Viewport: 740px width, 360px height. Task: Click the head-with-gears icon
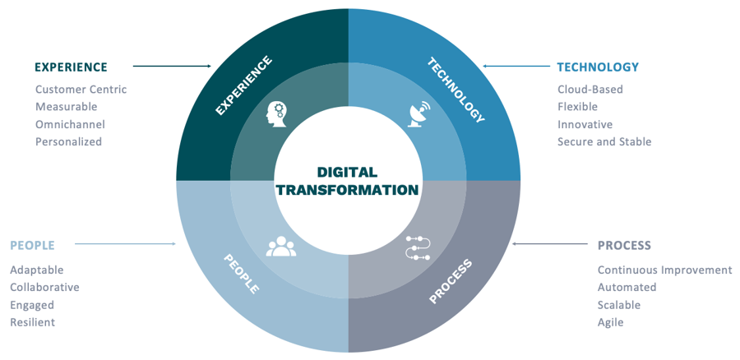pyautogui.click(x=276, y=113)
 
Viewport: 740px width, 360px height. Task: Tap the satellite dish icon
pyautogui.click(x=419, y=113)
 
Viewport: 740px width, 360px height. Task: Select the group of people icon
pyautogui.click(x=281, y=247)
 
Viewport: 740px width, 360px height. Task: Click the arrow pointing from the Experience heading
pyautogui.click(x=173, y=67)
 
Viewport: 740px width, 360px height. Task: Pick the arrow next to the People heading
pyautogui.click(x=126, y=244)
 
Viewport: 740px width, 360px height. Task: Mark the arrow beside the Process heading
pyautogui.click(x=550, y=244)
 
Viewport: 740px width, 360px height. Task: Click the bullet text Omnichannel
pyautogui.click(x=71, y=125)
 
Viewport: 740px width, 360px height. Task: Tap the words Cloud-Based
pyautogui.click(x=590, y=89)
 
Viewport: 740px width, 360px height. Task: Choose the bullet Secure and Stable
pyautogui.click(x=604, y=141)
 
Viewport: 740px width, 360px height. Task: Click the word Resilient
pyautogui.click(x=33, y=322)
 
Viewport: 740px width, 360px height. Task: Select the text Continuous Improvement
pyautogui.click(x=665, y=270)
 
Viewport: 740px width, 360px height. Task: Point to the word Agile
pyautogui.click(x=611, y=323)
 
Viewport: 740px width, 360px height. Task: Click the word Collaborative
pyautogui.click(x=45, y=288)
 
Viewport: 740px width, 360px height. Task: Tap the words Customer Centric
pyautogui.click(x=81, y=89)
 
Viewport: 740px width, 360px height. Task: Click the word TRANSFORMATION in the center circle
pyautogui.click(x=348, y=190)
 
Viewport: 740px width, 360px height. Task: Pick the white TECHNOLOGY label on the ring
pyautogui.click(x=456, y=90)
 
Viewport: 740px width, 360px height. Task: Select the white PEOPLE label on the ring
pyautogui.click(x=241, y=274)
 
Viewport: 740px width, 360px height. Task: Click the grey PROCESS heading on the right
pyautogui.click(x=624, y=246)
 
